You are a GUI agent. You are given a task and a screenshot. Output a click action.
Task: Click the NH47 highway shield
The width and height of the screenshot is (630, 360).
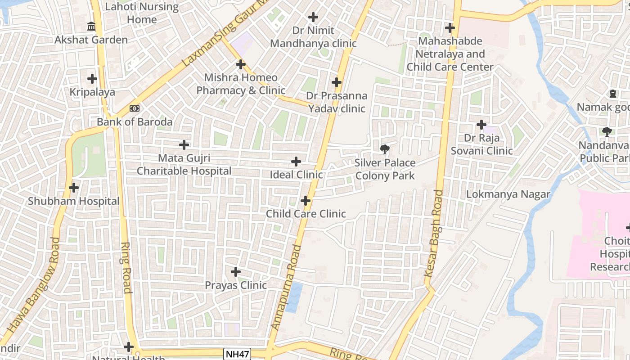coord(237,354)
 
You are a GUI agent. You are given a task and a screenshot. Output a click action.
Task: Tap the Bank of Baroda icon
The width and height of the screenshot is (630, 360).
coord(134,108)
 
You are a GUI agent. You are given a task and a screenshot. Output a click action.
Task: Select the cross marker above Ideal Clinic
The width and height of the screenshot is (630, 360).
coord(296,161)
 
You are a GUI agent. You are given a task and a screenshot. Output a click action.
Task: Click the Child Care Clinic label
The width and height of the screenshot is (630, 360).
coord(306,214)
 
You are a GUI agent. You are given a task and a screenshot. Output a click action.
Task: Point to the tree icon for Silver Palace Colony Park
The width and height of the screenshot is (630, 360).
coord(385,149)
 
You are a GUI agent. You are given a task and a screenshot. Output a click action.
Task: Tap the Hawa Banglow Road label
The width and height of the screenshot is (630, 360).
coord(31,285)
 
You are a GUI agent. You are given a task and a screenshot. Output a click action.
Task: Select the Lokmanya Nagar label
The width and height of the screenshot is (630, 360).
coord(508,194)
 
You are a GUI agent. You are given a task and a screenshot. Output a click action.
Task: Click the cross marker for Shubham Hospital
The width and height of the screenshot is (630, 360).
coord(74,187)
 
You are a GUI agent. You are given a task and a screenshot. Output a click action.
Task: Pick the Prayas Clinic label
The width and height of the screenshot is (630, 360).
coord(236,285)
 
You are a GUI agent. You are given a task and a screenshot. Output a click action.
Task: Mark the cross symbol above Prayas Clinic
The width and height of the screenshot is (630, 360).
coord(235,272)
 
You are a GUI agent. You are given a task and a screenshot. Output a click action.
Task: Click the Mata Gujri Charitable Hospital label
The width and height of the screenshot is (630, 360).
coord(184,165)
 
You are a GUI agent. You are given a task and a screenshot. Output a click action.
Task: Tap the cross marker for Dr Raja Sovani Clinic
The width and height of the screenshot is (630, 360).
coord(481,124)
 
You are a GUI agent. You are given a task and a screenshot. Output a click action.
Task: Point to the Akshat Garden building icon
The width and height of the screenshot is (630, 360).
coord(91,27)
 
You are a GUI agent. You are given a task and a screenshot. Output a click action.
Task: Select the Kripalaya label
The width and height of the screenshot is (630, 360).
coord(92,92)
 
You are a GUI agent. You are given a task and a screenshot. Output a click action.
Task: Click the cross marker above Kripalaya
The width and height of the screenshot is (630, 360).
coord(92,79)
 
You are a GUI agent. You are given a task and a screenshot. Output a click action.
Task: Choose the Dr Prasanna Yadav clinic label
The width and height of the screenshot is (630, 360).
coord(337,102)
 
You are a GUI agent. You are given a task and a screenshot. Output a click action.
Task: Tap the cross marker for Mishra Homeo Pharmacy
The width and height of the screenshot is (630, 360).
coord(241,64)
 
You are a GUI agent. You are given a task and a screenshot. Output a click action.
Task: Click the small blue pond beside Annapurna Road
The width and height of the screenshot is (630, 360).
coord(293,297)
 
